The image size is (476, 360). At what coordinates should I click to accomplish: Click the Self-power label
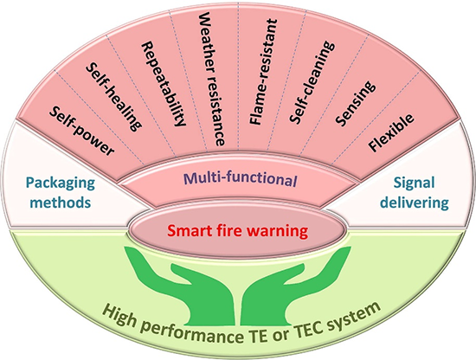81,131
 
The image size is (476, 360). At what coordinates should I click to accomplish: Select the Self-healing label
113,97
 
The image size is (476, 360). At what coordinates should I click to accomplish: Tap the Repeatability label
164,84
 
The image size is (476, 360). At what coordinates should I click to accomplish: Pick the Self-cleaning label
312,82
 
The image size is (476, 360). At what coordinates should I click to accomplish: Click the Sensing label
355,104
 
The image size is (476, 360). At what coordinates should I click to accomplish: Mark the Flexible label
390,132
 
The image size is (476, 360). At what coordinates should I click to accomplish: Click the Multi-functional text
240,179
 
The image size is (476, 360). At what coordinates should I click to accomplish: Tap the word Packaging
61,183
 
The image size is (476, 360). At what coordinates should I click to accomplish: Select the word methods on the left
61,202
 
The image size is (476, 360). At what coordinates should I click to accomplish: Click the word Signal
414,183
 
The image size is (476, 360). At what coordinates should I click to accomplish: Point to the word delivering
415,202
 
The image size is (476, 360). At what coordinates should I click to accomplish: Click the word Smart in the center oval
186,231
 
